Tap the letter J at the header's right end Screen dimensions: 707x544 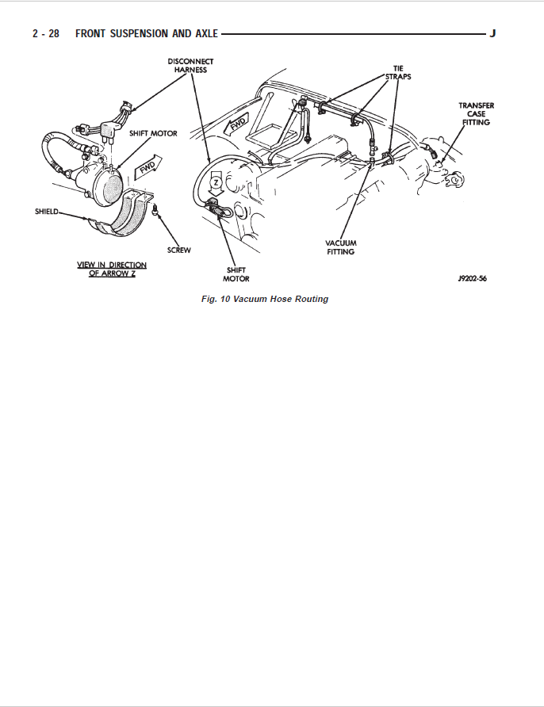tap(493, 34)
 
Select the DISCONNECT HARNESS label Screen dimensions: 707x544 tap(190, 66)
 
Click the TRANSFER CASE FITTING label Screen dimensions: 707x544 tap(477, 114)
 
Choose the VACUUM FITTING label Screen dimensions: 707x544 tap(343, 247)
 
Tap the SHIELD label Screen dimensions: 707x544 tap(47, 212)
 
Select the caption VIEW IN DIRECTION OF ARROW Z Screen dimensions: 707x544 tap(111, 269)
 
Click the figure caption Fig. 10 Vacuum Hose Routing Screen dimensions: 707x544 tap(265, 300)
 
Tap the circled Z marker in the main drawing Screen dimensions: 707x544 tap(215, 182)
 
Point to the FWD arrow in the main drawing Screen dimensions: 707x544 tap(237, 124)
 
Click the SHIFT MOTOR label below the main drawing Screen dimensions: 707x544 tap(236, 274)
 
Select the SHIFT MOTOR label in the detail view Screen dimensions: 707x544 tap(154, 133)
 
